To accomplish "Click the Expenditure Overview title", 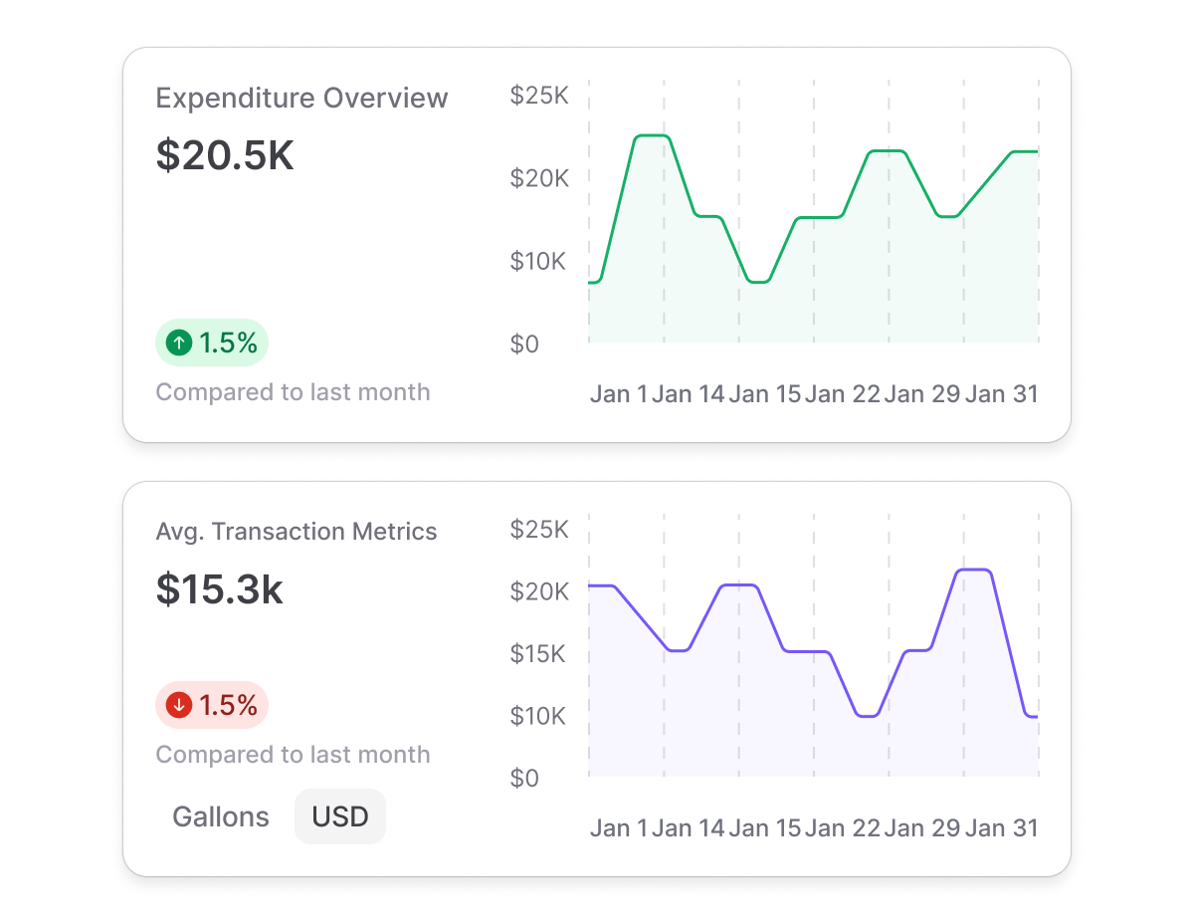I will [x=301, y=99].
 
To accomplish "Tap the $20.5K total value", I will [x=225, y=155].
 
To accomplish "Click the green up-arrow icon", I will [x=179, y=344].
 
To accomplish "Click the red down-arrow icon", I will [x=179, y=706].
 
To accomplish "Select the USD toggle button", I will [x=340, y=817].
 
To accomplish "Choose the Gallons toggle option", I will [x=221, y=817].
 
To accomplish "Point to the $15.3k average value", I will [x=220, y=590].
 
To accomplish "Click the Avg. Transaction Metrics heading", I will [x=297, y=532].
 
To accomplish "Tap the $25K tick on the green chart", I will [x=539, y=97].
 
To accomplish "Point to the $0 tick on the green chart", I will [x=525, y=345].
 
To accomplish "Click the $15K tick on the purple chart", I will [x=539, y=654].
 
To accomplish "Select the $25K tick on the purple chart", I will [x=539, y=530].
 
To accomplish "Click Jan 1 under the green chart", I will [x=618, y=394].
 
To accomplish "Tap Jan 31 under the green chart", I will [x=1002, y=394].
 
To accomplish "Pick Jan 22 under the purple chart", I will [x=843, y=828].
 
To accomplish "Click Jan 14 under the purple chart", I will [x=689, y=828].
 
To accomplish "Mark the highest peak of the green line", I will [x=652, y=135].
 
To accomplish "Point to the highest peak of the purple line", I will [x=974, y=570].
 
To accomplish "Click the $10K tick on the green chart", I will [x=539, y=262].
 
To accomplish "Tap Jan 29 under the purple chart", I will [x=922, y=828].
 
